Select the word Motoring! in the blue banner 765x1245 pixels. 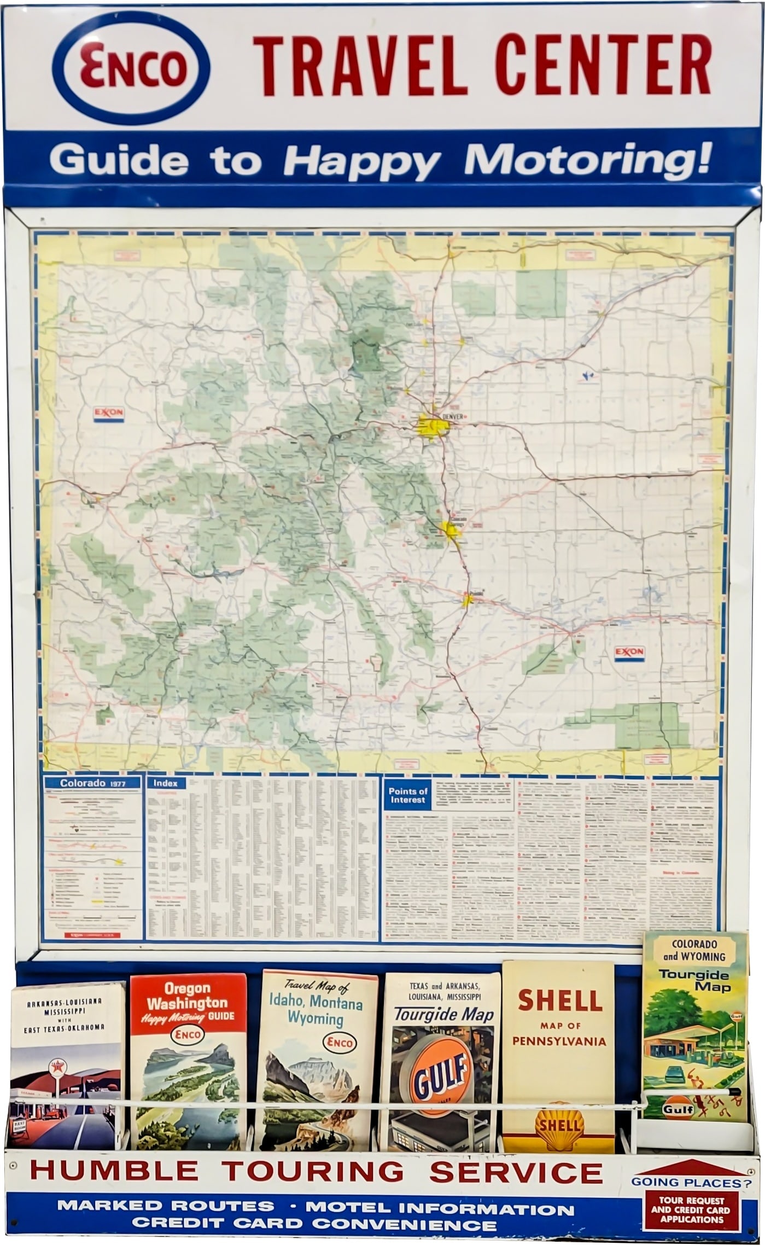589,160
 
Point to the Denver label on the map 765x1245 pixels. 452,416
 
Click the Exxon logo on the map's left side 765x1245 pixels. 109,414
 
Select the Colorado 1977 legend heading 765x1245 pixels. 92,783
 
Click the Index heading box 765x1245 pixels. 165,783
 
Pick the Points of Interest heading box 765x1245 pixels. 408,795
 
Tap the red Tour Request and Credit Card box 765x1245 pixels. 690,1210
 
